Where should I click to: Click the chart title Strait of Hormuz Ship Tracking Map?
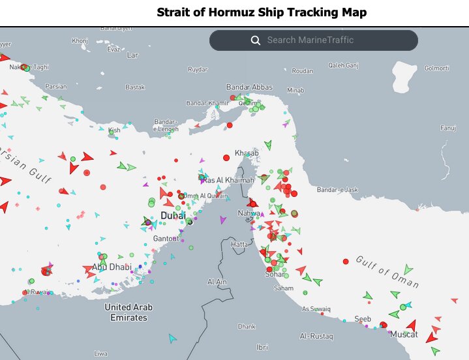click(262, 12)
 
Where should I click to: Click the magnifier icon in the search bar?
click(256, 40)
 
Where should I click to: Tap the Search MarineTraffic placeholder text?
click(310, 40)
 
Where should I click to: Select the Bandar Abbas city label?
click(248, 87)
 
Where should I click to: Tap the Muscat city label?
click(403, 335)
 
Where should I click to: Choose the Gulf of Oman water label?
click(387, 272)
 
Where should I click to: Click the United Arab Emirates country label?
click(129, 312)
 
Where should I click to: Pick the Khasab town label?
click(247, 153)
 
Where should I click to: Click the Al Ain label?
click(217, 282)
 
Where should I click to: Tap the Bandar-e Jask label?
click(337, 190)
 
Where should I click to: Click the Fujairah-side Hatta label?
click(239, 244)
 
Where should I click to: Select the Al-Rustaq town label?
click(316, 337)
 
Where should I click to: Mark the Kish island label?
click(115, 130)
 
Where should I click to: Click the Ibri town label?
click(263, 347)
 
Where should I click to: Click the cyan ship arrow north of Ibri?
click(173, 338)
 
